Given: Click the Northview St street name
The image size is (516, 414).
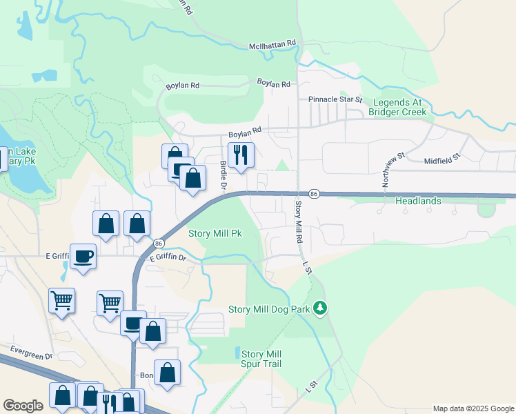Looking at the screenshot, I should click(385, 168).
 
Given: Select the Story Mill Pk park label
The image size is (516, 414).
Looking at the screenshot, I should click(215, 234).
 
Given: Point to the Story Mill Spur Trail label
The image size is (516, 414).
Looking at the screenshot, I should click(261, 359).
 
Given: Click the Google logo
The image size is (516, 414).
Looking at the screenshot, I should click(23, 406).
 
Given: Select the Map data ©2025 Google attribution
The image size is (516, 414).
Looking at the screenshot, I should click(473, 408).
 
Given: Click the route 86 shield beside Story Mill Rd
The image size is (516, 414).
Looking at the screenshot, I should click(313, 194).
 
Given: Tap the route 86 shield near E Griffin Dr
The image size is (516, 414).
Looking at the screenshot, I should click(159, 244).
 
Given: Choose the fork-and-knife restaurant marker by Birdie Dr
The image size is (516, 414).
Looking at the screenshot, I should click(241, 155).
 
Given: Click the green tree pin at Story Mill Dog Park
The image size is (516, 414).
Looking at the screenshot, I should click(319, 308).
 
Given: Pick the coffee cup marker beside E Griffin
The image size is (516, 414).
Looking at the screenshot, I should click(83, 257).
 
